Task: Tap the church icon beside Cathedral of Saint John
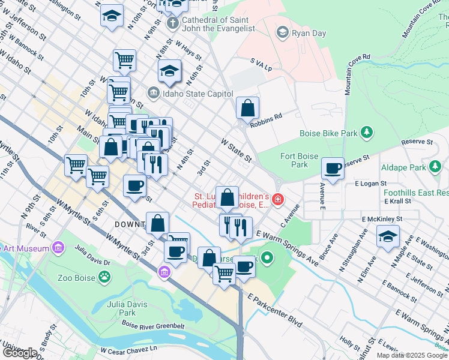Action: [x=172, y=23]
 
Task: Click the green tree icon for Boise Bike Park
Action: [x=366, y=132]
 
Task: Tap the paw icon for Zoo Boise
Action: [x=105, y=277]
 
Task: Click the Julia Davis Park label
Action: [x=119, y=308]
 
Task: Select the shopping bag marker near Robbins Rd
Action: [x=247, y=109]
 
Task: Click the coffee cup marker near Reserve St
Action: [x=333, y=169]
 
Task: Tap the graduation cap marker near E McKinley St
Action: [x=388, y=236]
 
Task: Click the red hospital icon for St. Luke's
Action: [x=277, y=199]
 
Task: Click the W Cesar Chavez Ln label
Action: [x=128, y=349]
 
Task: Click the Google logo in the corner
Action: [x=19, y=352]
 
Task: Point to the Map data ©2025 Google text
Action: [x=412, y=355]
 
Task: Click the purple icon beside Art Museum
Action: [x=58, y=247]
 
